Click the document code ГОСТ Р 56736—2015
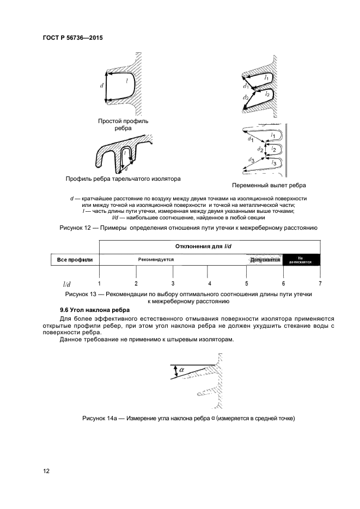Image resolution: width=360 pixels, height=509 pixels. click(x=73, y=38)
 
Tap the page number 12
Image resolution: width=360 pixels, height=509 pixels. click(x=46, y=471)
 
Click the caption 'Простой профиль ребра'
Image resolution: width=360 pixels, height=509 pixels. click(x=123, y=125)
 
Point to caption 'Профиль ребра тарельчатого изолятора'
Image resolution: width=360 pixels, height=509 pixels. click(x=123, y=179)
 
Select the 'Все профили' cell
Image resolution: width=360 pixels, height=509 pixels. click(x=75, y=260)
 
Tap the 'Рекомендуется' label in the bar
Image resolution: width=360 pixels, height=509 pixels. click(x=156, y=260)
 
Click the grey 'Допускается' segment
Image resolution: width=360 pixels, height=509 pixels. click(x=265, y=260)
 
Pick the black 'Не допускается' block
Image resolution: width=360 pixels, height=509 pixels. click(x=301, y=260)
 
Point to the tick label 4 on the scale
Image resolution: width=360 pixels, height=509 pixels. click(x=209, y=284)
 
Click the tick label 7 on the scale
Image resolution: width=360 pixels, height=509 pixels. click(x=320, y=284)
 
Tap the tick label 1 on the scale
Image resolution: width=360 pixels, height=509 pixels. click(x=99, y=284)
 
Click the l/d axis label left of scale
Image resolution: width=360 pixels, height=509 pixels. click(x=66, y=284)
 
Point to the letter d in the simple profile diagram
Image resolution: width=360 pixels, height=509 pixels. click(x=101, y=86)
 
